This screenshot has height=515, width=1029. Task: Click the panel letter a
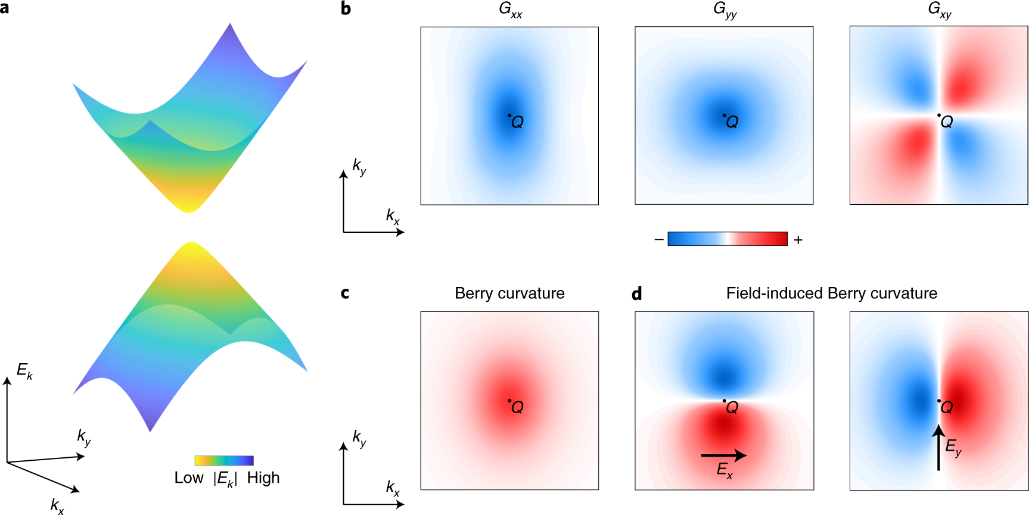5,8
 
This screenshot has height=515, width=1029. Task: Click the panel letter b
346,8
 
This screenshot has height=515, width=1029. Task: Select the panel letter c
345,293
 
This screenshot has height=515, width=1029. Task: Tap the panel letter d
637,294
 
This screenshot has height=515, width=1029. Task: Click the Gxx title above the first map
510,10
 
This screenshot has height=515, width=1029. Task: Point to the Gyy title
725,10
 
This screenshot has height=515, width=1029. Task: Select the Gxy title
939,10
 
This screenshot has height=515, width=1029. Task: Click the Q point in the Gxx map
509,116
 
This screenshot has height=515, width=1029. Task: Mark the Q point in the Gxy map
939,115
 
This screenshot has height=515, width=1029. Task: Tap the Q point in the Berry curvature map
509,401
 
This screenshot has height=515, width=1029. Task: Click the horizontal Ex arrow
723,455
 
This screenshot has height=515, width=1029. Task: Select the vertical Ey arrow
938,447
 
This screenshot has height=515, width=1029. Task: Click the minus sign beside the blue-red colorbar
658,239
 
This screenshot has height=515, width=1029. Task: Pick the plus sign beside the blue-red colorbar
798,239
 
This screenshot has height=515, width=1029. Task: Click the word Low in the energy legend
189,478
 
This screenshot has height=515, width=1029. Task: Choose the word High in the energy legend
263,478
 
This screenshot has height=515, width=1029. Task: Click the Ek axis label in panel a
24,372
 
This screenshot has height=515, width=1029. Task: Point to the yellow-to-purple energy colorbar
224,460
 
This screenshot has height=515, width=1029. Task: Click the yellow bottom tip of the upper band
189,210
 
